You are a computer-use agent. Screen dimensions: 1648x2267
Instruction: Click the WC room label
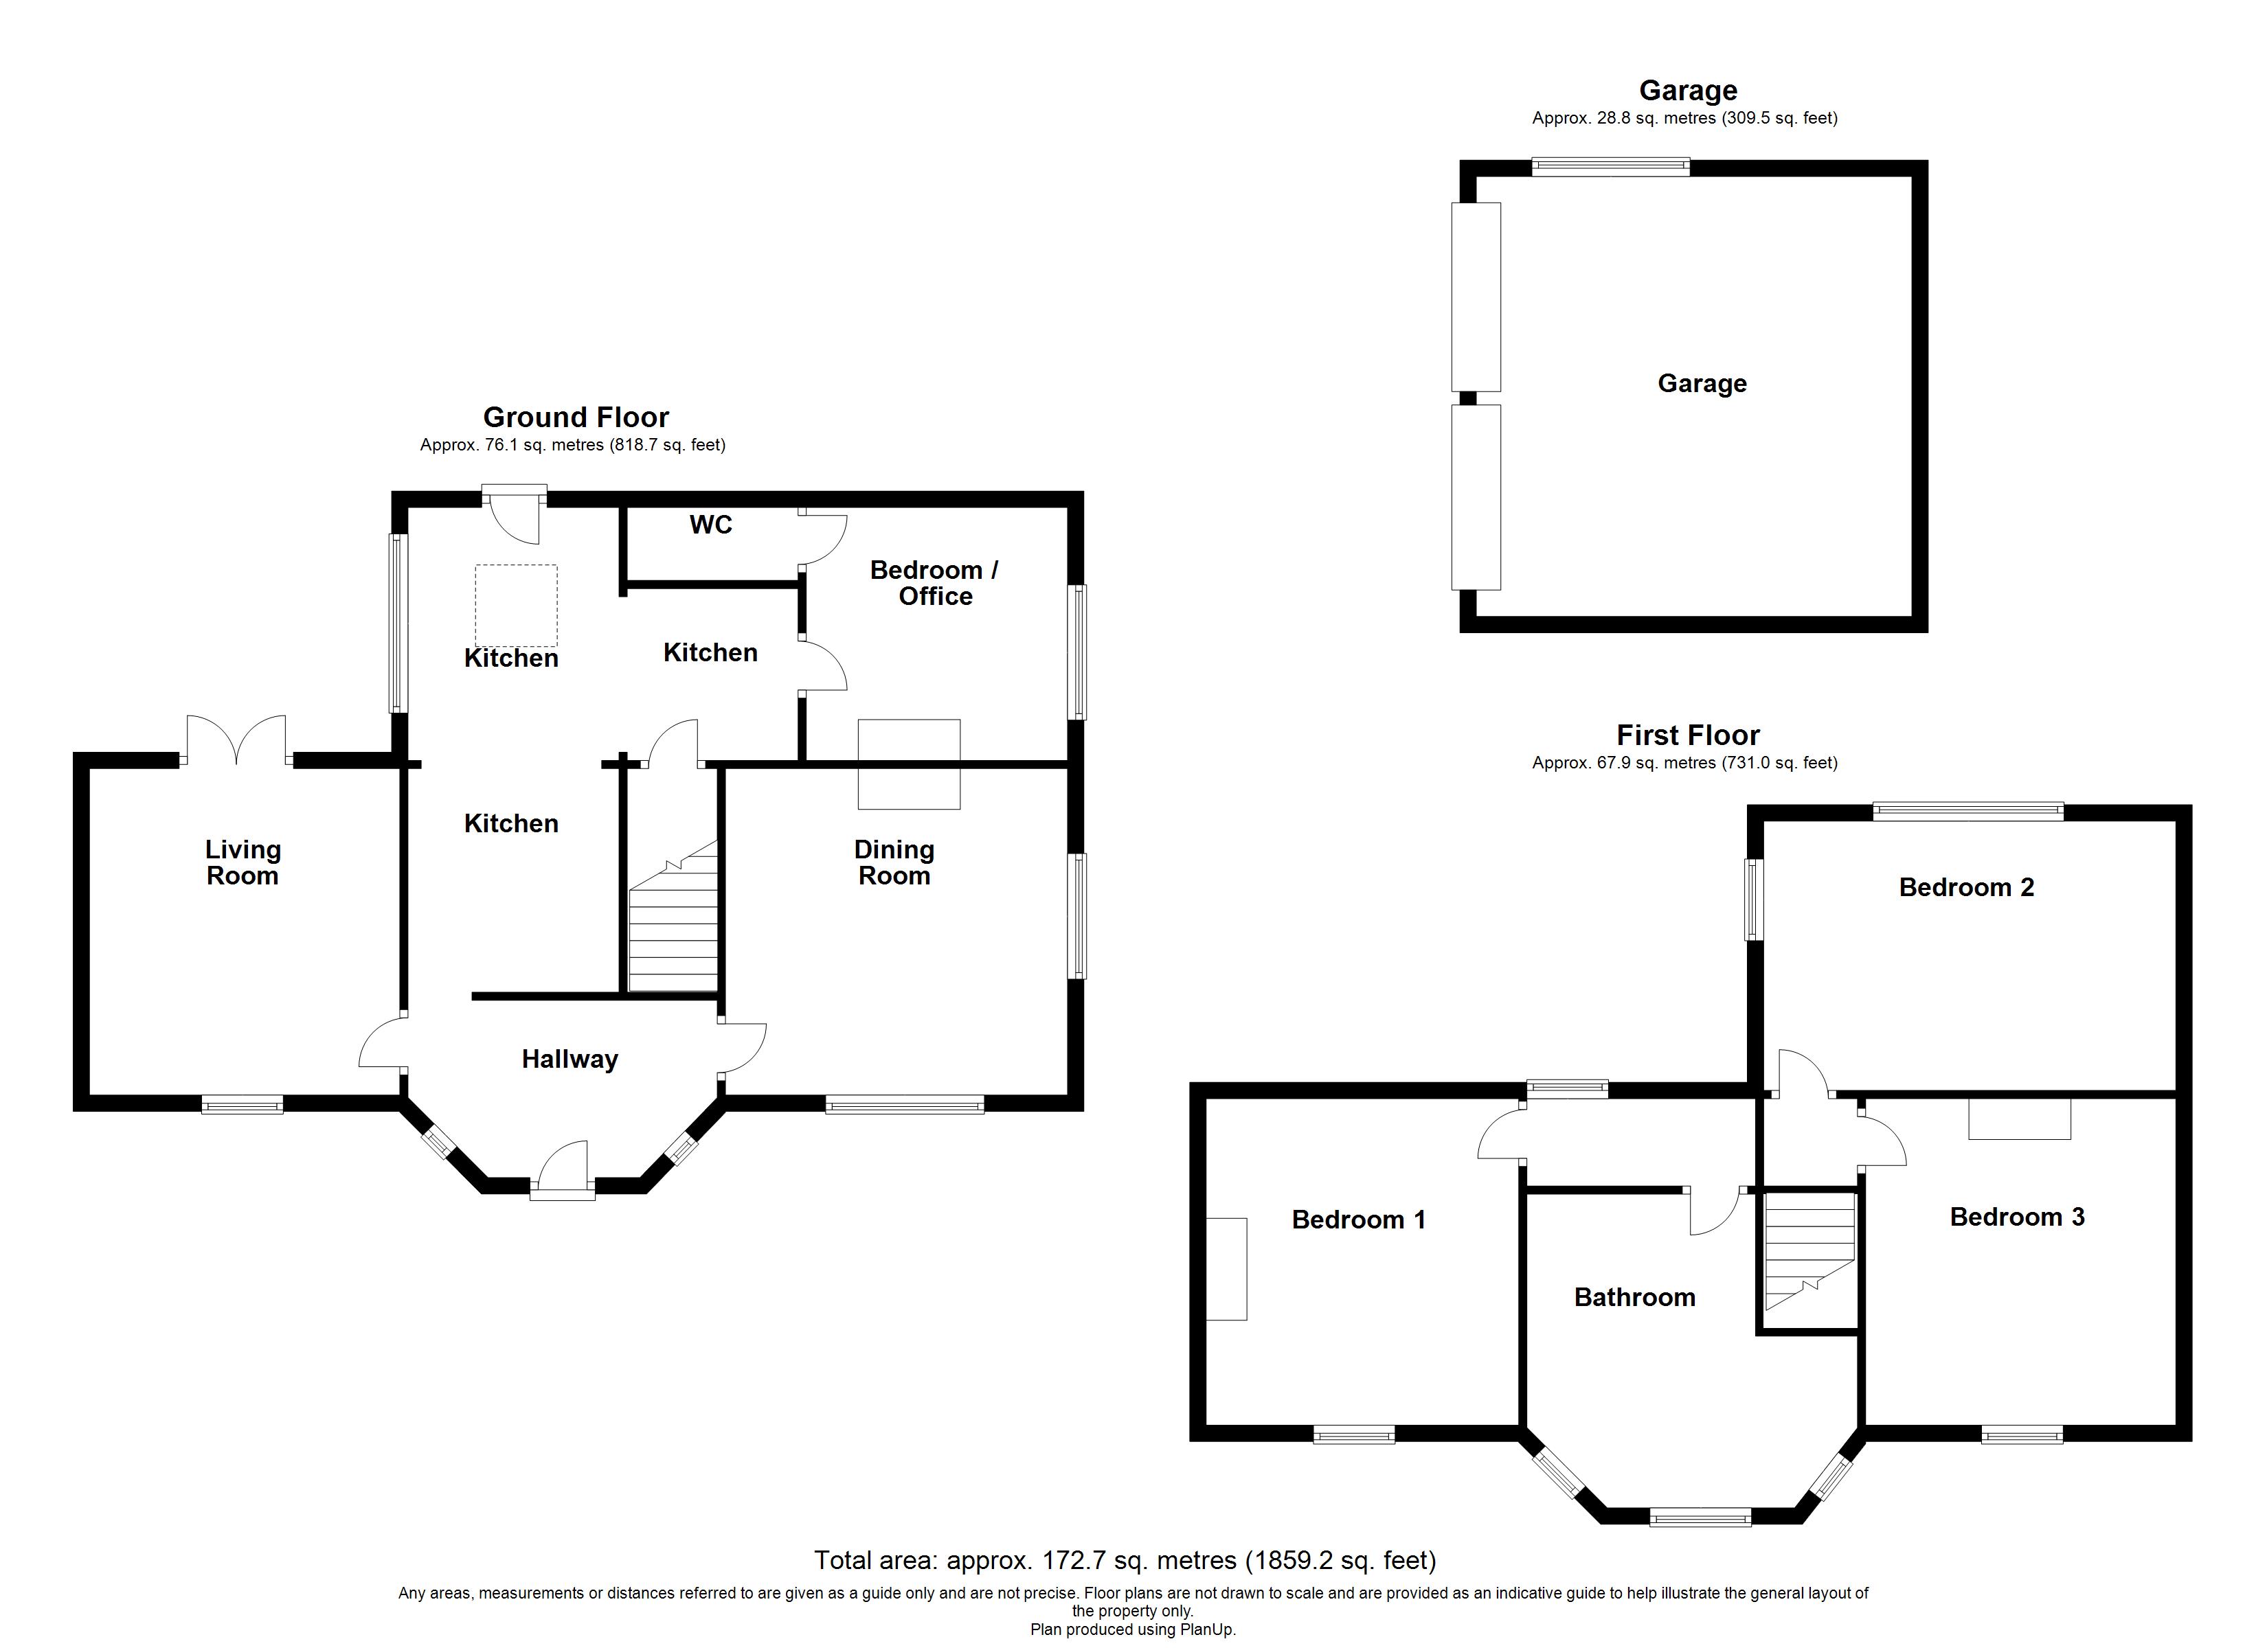pyautogui.click(x=711, y=525)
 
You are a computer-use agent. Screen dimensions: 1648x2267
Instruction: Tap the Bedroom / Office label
pyautogui.click(x=934, y=583)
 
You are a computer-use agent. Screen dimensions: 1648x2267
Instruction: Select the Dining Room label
pyautogui.click(x=894, y=862)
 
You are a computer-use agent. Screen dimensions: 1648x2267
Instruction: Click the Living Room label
pyautogui.click(x=243, y=862)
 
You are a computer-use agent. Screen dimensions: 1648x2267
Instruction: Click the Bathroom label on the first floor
pyautogui.click(x=1634, y=1297)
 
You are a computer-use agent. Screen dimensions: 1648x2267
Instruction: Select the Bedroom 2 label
pyautogui.click(x=1966, y=887)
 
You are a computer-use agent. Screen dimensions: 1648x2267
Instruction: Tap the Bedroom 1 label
pyautogui.click(x=1358, y=1220)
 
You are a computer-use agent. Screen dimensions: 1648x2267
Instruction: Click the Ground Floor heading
pyautogui.click(x=576, y=417)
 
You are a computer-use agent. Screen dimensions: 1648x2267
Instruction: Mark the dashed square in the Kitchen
pyautogui.click(x=516, y=606)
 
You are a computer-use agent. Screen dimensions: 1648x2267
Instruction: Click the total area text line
pyautogui.click(x=1125, y=1560)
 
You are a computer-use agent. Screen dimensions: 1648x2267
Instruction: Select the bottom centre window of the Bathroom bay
pyautogui.click(x=1700, y=1518)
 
